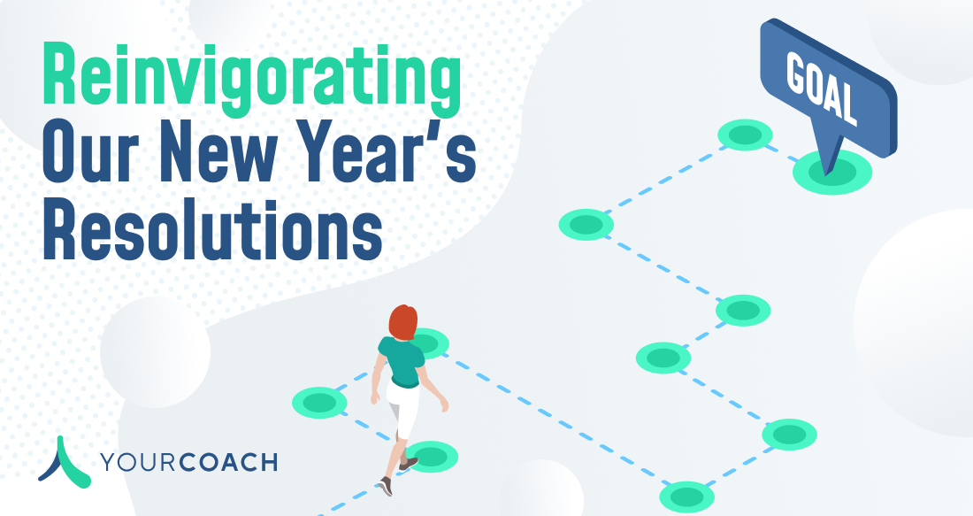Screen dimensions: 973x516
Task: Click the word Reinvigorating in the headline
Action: click(x=251, y=77)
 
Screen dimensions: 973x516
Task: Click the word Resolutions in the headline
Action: click(x=212, y=229)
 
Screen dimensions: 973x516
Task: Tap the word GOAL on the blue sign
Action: click(x=822, y=87)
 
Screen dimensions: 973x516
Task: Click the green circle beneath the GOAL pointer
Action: click(x=832, y=172)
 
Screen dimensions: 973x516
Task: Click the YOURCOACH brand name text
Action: click(x=188, y=462)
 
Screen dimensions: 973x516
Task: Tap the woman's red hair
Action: click(x=402, y=322)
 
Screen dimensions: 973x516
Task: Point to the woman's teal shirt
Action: click(x=402, y=361)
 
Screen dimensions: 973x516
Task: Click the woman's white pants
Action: click(x=403, y=410)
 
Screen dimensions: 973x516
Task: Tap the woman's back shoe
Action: click(x=386, y=486)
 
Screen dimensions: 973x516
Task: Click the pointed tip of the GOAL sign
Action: click(x=826, y=176)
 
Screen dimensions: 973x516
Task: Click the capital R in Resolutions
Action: click(x=59, y=229)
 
